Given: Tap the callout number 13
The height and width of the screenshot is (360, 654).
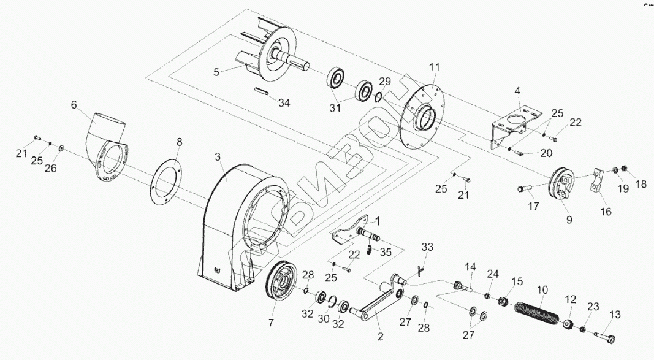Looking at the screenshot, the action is click(x=615, y=316).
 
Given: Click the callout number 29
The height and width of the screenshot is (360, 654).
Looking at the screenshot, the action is click(x=384, y=82).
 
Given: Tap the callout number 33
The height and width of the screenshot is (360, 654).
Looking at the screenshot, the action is click(x=427, y=247).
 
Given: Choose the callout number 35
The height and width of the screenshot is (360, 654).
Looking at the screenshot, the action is click(x=386, y=251).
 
